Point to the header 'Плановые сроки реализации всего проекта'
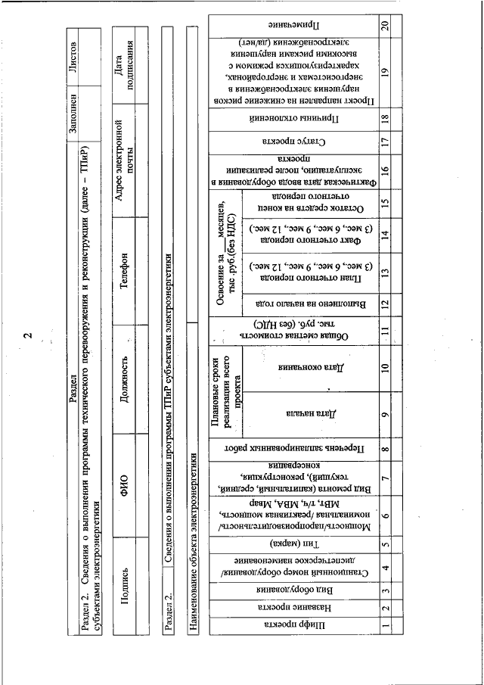pyautogui.click(x=225, y=393)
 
